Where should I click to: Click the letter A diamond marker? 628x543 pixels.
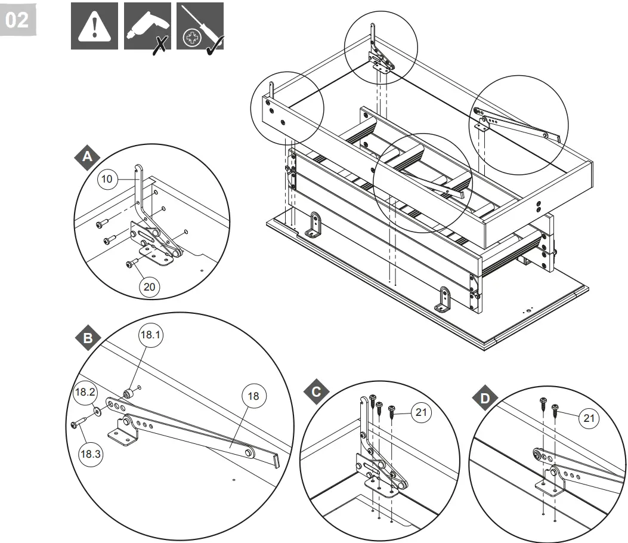tap(88, 158)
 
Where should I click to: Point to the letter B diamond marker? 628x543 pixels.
tap(88, 338)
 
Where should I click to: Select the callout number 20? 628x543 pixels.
tap(150, 287)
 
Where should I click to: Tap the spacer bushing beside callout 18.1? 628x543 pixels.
tap(127, 393)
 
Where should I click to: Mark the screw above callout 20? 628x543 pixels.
tap(129, 264)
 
